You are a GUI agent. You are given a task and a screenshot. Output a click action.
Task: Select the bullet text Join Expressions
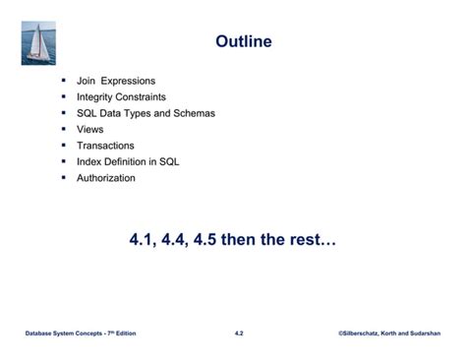click(x=115, y=81)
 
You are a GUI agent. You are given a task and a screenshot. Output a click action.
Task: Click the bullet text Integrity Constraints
click(x=121, y=97)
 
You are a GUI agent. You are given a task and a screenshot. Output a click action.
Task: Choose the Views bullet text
click(x=89, y=129)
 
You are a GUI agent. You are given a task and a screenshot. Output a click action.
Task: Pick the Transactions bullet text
click(x=105, y=146)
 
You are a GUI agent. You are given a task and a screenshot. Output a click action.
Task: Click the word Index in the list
click(x=89, y=161)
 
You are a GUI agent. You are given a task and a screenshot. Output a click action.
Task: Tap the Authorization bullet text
click(x=106, y=178)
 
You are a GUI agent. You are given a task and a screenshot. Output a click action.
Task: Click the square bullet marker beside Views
click(x=63, y=129)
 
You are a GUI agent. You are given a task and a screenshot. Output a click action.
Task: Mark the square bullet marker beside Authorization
click(x=63, y=178)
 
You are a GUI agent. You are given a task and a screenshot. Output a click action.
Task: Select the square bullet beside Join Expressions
click(x=63, y=81)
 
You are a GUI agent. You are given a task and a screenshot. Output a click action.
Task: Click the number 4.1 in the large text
click(x=145, y=239)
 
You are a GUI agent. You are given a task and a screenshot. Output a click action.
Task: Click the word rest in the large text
click(x=316, y=239)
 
